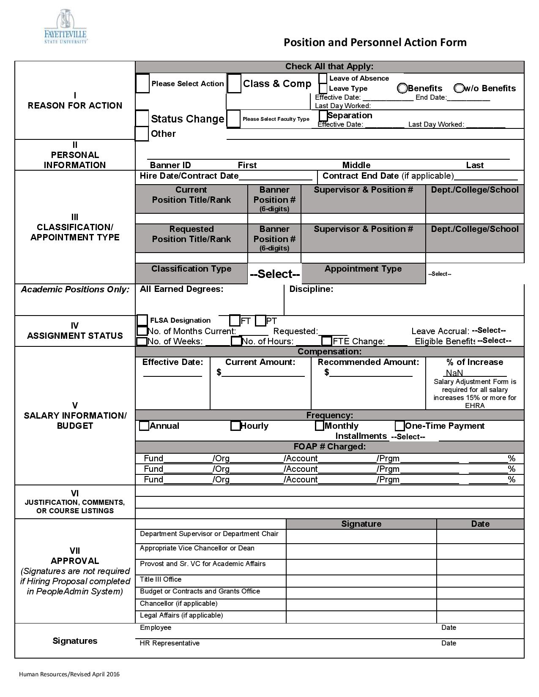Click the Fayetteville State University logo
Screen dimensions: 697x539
tap(66, 26)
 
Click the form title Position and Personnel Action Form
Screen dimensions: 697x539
tap(375, 42)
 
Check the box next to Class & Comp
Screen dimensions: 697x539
tap(234, 83)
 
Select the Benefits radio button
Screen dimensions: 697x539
tap(402, 88)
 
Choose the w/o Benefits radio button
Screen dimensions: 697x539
tap(459, 88)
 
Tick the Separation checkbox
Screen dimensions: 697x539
tap(323, 115)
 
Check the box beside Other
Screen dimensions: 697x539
tap(142, 134)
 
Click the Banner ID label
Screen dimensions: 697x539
tap(170, 165)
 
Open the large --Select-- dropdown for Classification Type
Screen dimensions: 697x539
tap(275, 274)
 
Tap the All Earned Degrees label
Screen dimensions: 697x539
tap(181, 289)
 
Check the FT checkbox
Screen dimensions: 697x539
tap(235, 321)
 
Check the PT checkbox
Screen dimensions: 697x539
tap(261, 321)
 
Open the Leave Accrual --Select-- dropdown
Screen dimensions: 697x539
tap(489, 330)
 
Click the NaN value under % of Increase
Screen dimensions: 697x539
tap(454, 373)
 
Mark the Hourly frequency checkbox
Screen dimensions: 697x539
tap(235, 426)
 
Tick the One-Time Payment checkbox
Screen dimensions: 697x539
tap(399, 426)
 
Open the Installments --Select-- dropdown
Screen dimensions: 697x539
tap(408, 437)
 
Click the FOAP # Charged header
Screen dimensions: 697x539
tap(329, 447)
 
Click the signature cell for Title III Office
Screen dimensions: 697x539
tap(361, 581)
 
